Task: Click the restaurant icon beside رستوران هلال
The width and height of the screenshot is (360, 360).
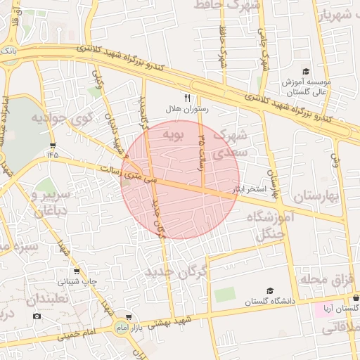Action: coord(187,98)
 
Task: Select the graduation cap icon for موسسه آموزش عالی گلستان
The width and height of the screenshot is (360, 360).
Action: coord(306,71)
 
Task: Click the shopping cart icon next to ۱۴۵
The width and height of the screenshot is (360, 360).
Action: coord(53,145)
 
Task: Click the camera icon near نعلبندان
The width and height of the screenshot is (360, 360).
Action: coord(37,316)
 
